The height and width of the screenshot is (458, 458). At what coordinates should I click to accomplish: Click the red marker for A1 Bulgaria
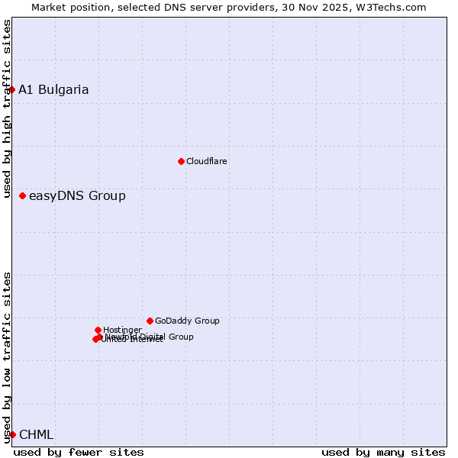(x=12, y=90)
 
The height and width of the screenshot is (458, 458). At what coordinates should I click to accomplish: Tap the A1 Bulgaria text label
(x=53, y=90)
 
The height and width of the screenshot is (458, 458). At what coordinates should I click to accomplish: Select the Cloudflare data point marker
(x=181, y=161)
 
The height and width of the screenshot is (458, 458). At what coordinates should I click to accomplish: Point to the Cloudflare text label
(x=207, y=161)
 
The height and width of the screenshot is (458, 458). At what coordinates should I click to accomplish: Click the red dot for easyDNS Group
(x=23, y=196)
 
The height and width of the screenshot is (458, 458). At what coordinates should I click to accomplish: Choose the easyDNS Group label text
(x=77, y=196)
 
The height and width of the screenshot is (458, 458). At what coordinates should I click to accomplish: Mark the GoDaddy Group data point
(x=150, y=321)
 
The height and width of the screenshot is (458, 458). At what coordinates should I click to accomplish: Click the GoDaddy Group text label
(x=187, y=321)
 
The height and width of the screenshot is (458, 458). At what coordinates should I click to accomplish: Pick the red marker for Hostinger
(x=98, y=330)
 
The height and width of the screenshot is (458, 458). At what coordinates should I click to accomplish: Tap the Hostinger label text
(x=123, y=330)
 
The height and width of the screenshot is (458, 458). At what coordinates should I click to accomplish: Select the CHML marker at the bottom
(x=12, y=434)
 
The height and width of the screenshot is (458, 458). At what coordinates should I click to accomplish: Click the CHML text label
(x=36, y=435)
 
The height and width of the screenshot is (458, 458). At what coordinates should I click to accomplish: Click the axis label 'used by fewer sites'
(x=79, y=452)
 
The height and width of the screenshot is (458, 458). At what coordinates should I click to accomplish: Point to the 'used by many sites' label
(x=383, y=452)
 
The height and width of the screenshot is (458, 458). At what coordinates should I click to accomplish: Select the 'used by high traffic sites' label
(x=7, y=109)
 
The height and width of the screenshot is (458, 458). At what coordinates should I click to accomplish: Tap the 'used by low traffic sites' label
(x=7, y=357)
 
